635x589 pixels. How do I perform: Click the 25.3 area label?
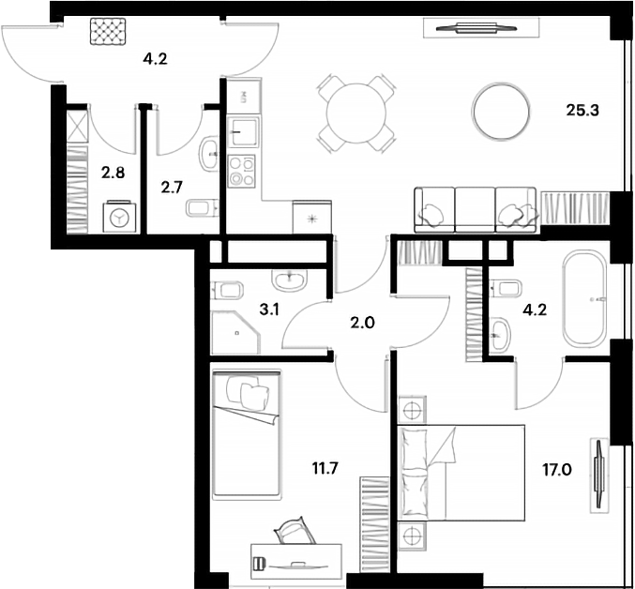582,110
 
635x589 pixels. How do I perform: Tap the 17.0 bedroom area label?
557,470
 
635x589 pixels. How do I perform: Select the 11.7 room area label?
325,468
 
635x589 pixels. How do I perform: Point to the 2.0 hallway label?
362,323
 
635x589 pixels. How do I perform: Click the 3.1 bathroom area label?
269,310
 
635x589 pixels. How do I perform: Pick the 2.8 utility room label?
113,173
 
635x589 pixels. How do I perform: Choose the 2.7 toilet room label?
172,188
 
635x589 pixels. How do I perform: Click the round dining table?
356,113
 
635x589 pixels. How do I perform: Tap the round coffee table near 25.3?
501,112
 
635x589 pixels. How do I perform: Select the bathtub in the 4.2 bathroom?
584,298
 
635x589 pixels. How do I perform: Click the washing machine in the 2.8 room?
119,217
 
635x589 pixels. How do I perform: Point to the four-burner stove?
241,172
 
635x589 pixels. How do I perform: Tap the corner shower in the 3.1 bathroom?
235,332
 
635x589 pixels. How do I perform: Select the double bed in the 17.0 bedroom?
461,473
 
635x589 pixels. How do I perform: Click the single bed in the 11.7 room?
247,433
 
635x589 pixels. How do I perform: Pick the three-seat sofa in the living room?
476,210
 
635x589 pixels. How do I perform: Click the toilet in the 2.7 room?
202,208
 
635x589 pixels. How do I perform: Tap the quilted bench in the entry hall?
108,31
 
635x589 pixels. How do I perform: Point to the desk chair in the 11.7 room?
295,531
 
